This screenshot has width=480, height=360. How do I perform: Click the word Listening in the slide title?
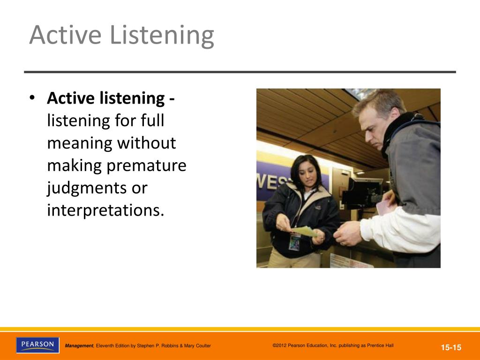[162, 36]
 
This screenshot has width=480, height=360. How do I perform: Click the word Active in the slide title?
[65, 35]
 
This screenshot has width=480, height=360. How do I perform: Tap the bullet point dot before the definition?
[32, 98]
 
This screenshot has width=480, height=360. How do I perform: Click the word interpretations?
[105, 210]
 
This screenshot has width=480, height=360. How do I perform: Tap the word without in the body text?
[147, 142]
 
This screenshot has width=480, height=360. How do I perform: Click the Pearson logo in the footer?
[37, 345]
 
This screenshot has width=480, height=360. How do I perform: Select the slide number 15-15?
[451, 347]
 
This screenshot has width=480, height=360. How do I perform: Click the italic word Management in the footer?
[79, 345]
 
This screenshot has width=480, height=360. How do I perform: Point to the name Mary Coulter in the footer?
[197, 345]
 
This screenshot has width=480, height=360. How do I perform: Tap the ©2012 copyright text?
[333, 345]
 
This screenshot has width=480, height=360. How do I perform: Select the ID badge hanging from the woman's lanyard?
[295, 242]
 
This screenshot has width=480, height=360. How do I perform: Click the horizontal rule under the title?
[240, 72]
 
